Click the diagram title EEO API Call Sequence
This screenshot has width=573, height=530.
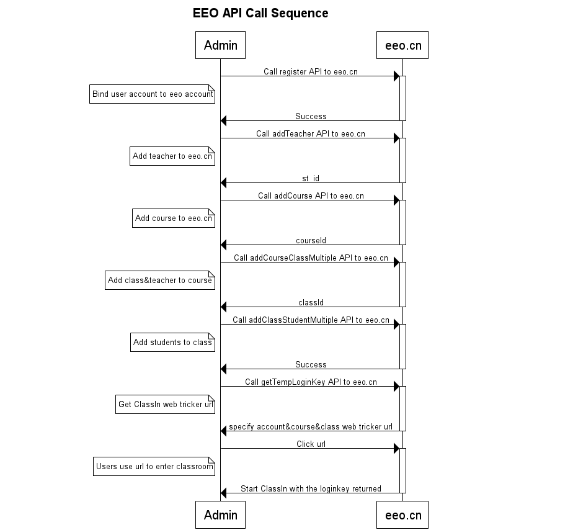click(x=260, y=13)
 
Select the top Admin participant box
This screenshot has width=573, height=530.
click(x=220, y=45)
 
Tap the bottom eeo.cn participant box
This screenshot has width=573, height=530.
click(x=402, y=515)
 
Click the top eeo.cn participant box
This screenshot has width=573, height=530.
click(x=402, y=45)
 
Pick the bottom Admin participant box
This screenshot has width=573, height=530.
click(x=220, y=515)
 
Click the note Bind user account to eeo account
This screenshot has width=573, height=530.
click(x=152, y=94)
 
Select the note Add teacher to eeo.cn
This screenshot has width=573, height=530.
click(x=172, y=156)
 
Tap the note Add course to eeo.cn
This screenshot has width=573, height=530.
click(x=174, y=218)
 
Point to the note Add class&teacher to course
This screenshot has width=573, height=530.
click(x=160, y=281)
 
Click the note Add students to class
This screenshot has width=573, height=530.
click(x=173, y=343)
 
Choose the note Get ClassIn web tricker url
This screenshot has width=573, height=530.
click(x=165, y=405)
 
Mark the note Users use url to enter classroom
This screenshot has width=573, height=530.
click(x=154, y=467)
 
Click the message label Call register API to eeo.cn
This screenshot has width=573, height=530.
click(x=311, y=72)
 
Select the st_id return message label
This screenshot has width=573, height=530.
click(x=311, y=179)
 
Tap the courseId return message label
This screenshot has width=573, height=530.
click(x=311, y=241)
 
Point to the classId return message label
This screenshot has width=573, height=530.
click(x=311, y=303)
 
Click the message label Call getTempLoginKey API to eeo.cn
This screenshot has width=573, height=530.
click(x=311, y=382)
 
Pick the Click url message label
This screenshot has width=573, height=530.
click(x=311, y=444)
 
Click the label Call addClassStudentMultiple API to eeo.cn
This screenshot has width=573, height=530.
click(x=311, y=320)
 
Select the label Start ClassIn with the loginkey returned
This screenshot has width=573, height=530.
click(x=311, y=489)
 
